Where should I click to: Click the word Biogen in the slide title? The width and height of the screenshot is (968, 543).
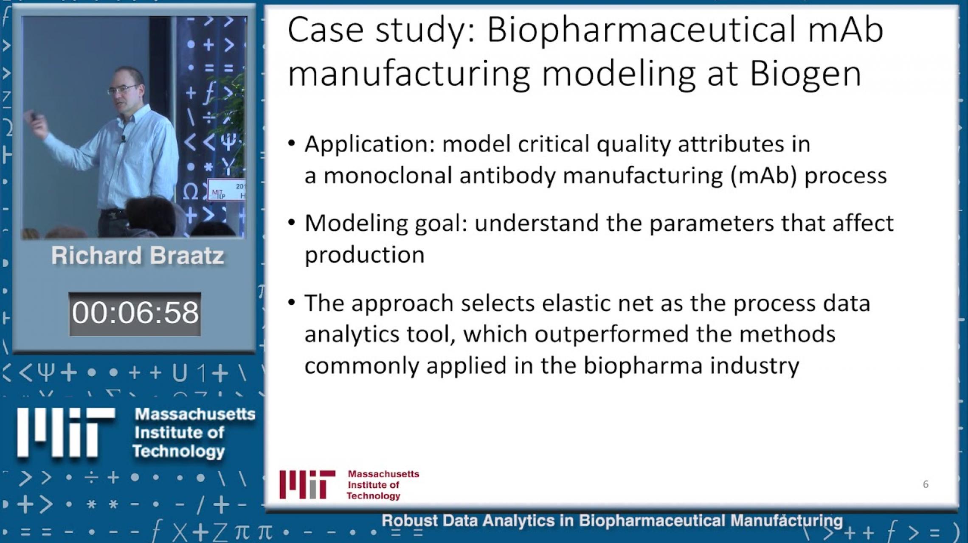pos(805,74)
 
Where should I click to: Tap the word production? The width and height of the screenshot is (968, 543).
pos(365,255)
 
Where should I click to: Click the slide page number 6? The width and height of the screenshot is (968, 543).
pos(926,484)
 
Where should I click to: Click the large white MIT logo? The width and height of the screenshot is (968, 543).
pos(66,433)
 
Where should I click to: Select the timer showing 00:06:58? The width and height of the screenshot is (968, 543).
pos(135,313)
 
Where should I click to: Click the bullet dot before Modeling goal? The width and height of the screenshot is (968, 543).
pos(291,223)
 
